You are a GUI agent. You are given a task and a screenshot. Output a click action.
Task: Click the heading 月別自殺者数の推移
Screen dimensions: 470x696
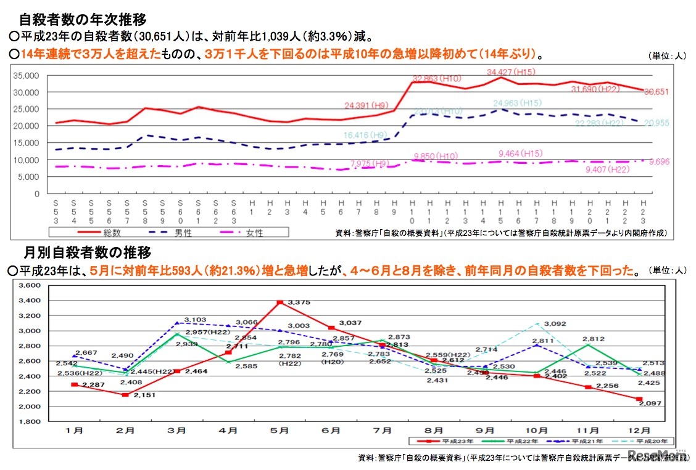pos(88,252)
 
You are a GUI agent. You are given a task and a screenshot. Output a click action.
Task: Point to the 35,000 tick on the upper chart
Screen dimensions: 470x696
pos(25,75)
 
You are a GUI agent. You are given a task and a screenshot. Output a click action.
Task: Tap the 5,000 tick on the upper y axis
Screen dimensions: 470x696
pos(28,177)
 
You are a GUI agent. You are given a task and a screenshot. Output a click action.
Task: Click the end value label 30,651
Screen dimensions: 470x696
pos(657,92)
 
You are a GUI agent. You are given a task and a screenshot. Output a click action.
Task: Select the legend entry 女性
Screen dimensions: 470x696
pos(253,233)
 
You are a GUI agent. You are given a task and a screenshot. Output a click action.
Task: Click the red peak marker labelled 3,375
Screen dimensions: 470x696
pos(280,302)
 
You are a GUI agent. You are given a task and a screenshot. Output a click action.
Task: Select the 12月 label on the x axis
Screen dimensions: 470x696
pos(640,430)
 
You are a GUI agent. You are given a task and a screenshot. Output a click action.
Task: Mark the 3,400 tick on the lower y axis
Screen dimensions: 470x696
pos(29,301)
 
